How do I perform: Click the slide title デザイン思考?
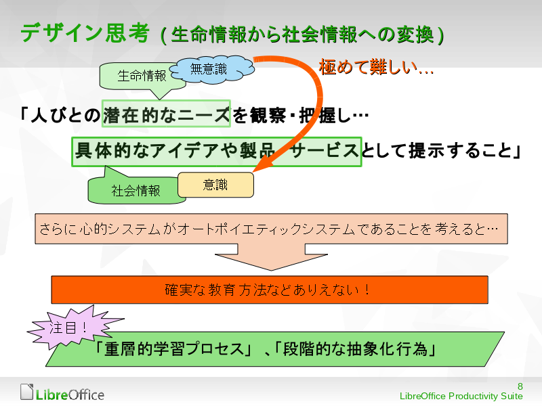tap(85, 33)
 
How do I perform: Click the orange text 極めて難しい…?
tap(376, 68)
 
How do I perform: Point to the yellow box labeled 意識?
tap(215, 184)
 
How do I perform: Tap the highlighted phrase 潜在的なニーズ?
tap(167, 116)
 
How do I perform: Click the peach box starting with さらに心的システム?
tap(271, 229)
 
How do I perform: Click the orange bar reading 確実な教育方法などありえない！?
tap(270, 290)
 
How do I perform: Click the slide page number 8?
tap(519, 384)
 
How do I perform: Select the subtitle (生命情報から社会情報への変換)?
tap(301, 35)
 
